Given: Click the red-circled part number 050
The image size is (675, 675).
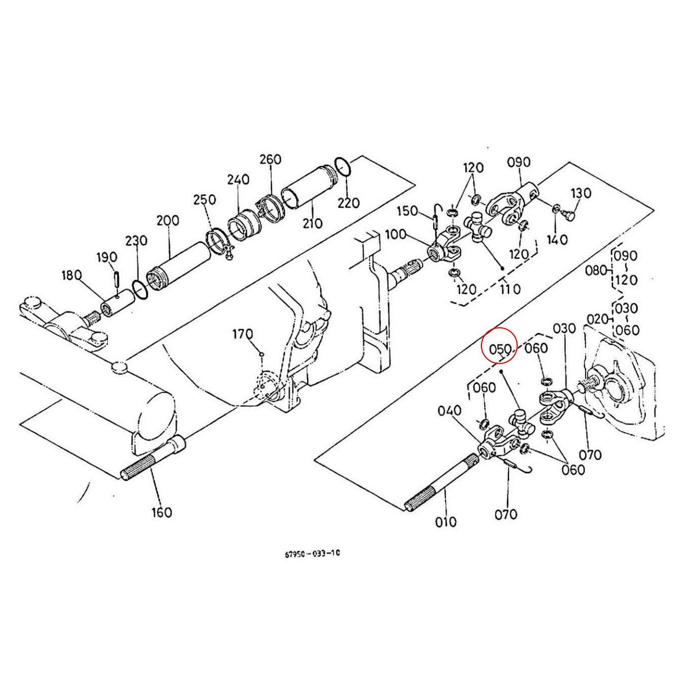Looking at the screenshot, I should pos(499,349).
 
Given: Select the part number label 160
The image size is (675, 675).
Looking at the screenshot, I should pos(161,512).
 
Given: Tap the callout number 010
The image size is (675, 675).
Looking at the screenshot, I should pos(445,521).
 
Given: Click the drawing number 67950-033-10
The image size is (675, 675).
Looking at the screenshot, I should pos(312,553).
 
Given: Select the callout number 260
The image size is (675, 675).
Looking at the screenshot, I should pos(270,159).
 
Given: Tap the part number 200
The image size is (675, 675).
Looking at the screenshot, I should pos(168,220).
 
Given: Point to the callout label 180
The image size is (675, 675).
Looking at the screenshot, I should pos(71,274).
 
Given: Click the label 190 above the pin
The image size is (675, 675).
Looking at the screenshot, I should pos(106,258).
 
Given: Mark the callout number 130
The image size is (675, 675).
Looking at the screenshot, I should pos(580,193).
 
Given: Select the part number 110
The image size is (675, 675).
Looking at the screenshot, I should pos(509,289).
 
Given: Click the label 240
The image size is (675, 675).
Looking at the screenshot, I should pos(238,179).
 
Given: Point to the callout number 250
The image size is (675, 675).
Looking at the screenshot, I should pos(204,200).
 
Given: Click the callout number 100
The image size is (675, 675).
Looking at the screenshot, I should pos(395,233).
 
